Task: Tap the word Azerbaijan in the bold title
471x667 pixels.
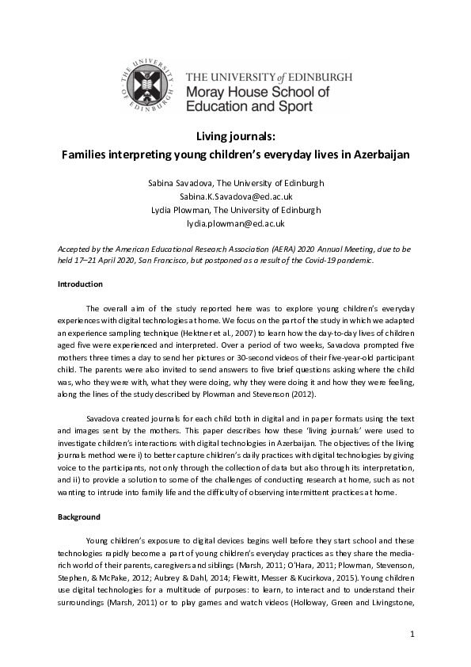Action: pos(379,154)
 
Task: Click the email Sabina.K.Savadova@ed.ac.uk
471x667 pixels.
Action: pos(235,196)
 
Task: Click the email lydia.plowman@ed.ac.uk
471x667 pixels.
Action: pos(235,224)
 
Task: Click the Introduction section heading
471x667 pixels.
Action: pos(80,284)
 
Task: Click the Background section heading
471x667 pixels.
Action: pos(79,517)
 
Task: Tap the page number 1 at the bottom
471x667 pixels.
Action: pos(412,635)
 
